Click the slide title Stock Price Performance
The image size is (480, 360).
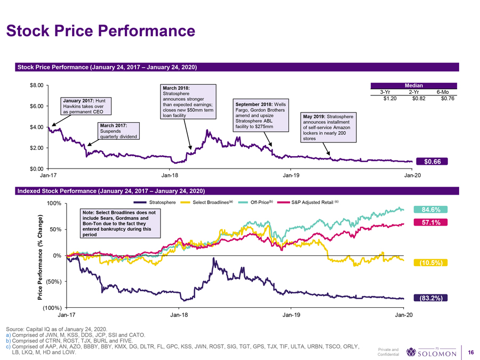pyautogui.click(x=101, y=31)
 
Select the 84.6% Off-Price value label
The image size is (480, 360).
pyautogui.click(x=430, y=209)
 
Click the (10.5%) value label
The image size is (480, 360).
pyautogui.click(x=430, y=263)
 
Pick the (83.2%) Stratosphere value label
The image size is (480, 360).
pyautogui.click(x=430, y=298)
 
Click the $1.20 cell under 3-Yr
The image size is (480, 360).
pyautogui.click(x=383, y=98)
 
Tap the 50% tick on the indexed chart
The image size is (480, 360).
pyautogui.click(x=55, y=229)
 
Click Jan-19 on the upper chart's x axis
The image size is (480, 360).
pyautogui.click(x=291, y=175)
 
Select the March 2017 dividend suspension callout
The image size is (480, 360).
pyautogui.click(x=118, y=131)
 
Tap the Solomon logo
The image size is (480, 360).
pyautogui.click(x=431, y=353)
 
